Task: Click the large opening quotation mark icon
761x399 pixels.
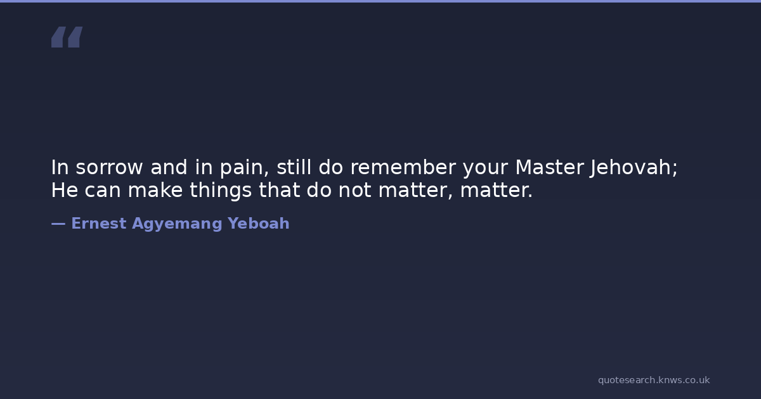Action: pos(67,37)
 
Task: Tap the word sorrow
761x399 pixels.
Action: pos(109,168)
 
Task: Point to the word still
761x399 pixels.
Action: pos(294,167)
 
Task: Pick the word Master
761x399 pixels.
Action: pos(550,167)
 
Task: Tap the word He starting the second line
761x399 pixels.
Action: pos(65,190)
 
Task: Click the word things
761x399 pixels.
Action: pos(221,191)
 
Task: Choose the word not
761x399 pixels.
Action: pos(354,191)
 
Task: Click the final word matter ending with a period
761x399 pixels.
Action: pos(497,191)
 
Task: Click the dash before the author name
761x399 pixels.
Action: pos(58,224)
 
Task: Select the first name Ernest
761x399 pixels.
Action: pos(99,223)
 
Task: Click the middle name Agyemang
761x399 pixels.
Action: pos(177,224)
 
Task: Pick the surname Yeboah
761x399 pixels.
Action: pos(259,223)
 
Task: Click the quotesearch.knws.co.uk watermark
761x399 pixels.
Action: pos(654,381)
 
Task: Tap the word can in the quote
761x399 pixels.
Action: pos(103,191)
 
